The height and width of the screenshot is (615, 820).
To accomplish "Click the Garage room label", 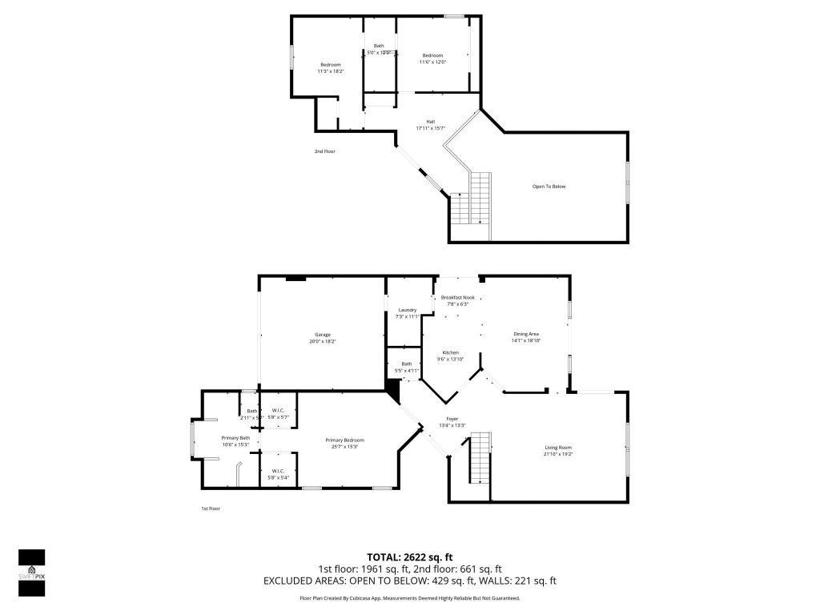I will (x=322, y=335).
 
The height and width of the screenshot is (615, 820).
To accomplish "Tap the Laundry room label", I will (x=408, y=310).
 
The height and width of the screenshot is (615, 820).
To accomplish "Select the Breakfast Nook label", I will (x=457, y=297).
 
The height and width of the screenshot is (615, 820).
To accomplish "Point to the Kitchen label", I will (x=451, y=353).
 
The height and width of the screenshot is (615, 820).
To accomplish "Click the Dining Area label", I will (x=525, y=334).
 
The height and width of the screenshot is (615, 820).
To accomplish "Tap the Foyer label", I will (x=452, y=419).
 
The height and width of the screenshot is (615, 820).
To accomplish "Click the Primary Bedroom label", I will (x=344, y=440).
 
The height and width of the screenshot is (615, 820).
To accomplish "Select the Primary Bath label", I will (x=235, y=438).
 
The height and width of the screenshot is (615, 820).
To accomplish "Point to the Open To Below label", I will (x=549, y=187).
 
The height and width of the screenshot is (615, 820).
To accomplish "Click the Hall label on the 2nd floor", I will (x=430, y=122).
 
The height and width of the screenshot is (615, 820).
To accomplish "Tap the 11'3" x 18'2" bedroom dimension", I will (x=331, y=71).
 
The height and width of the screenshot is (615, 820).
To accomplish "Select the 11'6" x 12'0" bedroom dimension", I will (x=432, y=62).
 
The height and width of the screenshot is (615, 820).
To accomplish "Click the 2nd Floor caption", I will (x=324, y=151).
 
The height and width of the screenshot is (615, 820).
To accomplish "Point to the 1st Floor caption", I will (x=210, y=508).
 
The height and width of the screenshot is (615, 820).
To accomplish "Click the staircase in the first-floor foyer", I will (x=479, y=457).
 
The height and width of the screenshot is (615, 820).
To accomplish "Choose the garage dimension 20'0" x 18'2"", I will (x=322, y=342).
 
